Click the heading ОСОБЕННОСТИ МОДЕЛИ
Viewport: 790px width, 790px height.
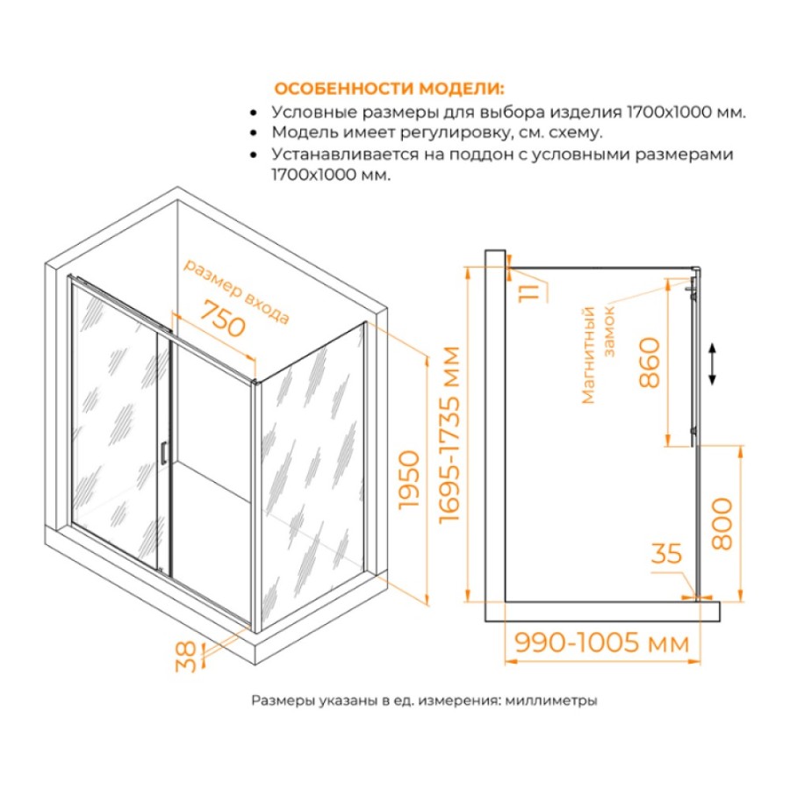coord(389,89)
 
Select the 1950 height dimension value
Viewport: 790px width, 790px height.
coord(408,479)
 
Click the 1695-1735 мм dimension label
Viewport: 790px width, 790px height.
coord(449,434)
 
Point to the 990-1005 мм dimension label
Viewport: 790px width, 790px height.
coord(601,643)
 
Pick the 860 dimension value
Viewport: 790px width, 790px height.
coord(650,363)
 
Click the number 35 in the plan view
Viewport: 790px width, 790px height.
coord(666,553)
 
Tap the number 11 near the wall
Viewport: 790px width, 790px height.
coord(529,292)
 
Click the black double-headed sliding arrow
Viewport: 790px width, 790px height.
coord(712,363)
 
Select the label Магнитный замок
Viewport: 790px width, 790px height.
coord(598,355)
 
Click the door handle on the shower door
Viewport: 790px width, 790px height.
coord(162,452)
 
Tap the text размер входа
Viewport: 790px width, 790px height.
coord(236,291)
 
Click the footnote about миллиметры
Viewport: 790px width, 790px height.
coord(424,700)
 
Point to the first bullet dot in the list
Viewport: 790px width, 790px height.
coord(254,113)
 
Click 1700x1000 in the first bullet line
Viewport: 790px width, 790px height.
coord(668,111)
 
